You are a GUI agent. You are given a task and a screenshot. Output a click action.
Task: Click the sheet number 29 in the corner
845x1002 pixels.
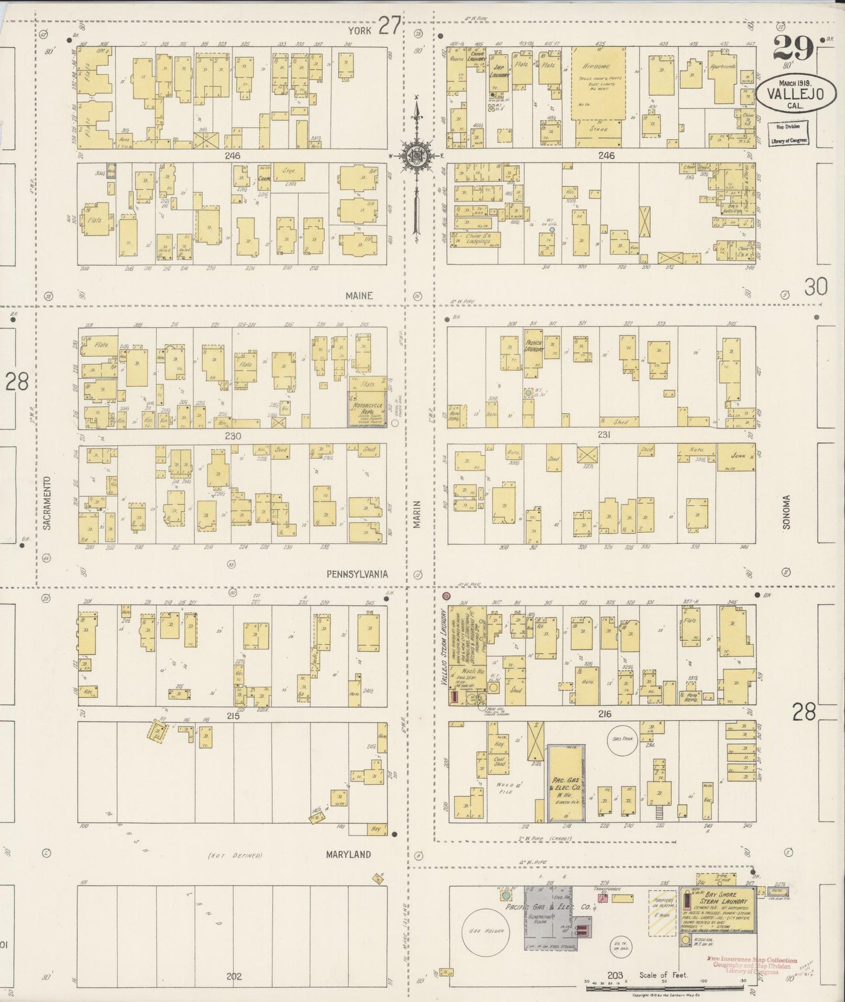point(793,48)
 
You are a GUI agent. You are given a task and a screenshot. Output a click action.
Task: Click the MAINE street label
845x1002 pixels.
point(358,296)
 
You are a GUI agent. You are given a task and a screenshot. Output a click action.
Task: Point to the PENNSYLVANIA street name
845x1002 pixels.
point(357,574)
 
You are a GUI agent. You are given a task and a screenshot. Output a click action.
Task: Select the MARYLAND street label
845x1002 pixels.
point(349,854)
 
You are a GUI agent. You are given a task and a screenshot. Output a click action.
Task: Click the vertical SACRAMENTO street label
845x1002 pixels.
point(47,503)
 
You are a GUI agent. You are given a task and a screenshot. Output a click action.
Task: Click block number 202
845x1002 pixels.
point(234,976)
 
